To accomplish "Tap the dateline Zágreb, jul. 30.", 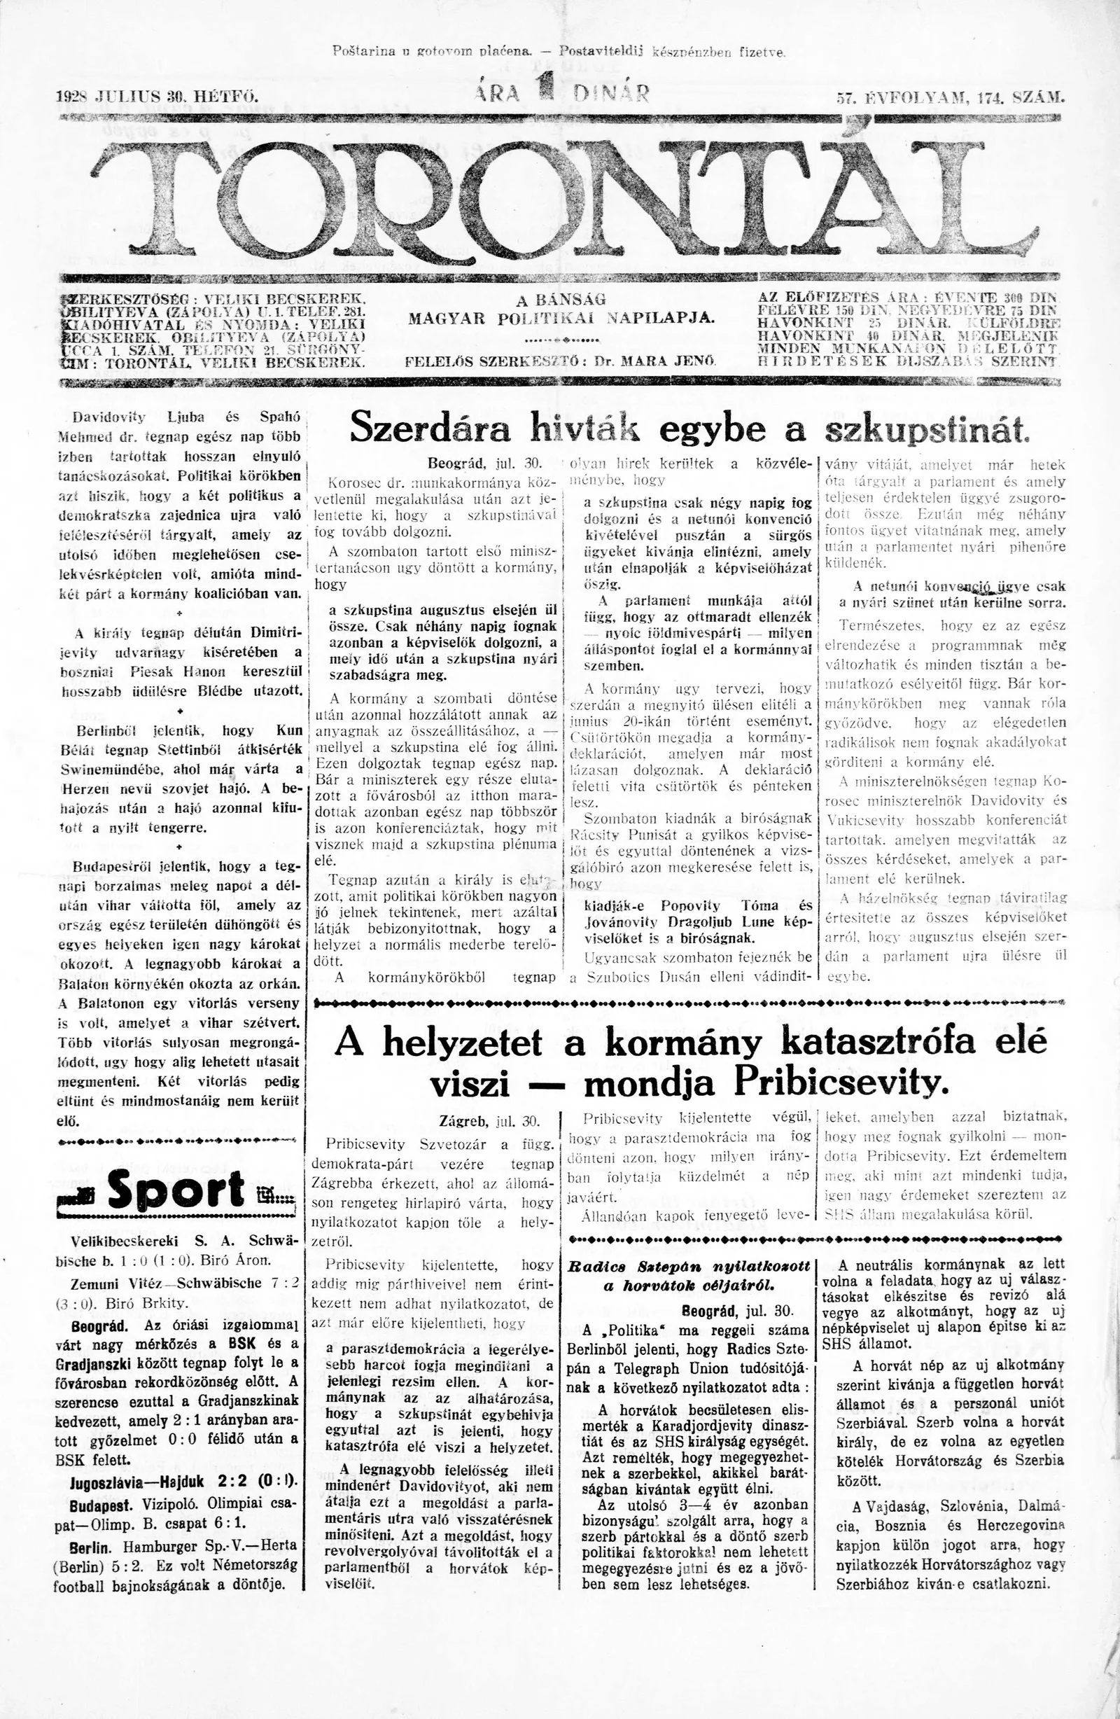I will tap(489, 1122).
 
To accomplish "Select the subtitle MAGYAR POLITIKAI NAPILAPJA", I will tap(561, 319).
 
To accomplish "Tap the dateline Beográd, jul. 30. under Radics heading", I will tap(736, 1310).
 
